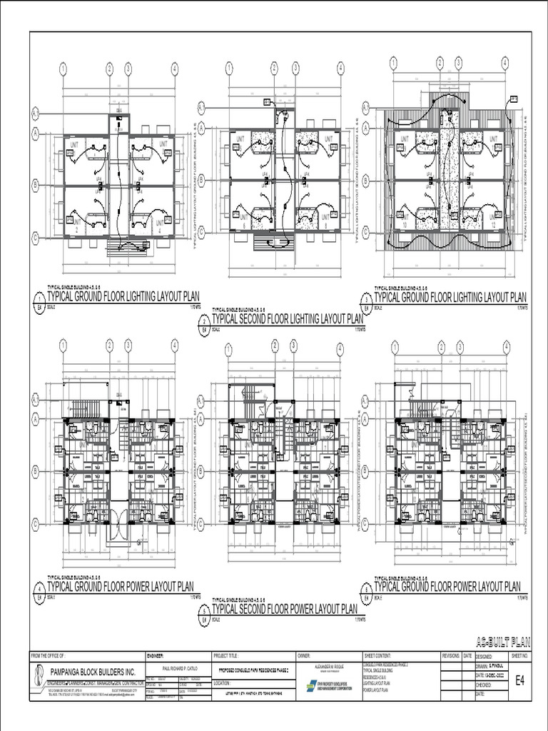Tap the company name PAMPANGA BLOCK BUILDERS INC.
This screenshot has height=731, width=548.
(x=93, y=672)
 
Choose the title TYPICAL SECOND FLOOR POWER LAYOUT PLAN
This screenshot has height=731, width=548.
(x=285, y=609)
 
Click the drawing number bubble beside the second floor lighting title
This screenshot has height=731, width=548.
(x=204, y=327)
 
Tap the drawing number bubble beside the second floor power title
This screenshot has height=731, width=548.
(x=204, y=616)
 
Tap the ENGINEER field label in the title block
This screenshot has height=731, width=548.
(x=156, y=655)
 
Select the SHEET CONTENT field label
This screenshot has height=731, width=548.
(x=379, y=655)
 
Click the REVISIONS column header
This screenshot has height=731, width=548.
(x=451, y=655)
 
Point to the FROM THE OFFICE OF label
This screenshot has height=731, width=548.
(x=49, y=655)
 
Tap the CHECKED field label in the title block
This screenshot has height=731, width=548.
(x=485, y=684)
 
